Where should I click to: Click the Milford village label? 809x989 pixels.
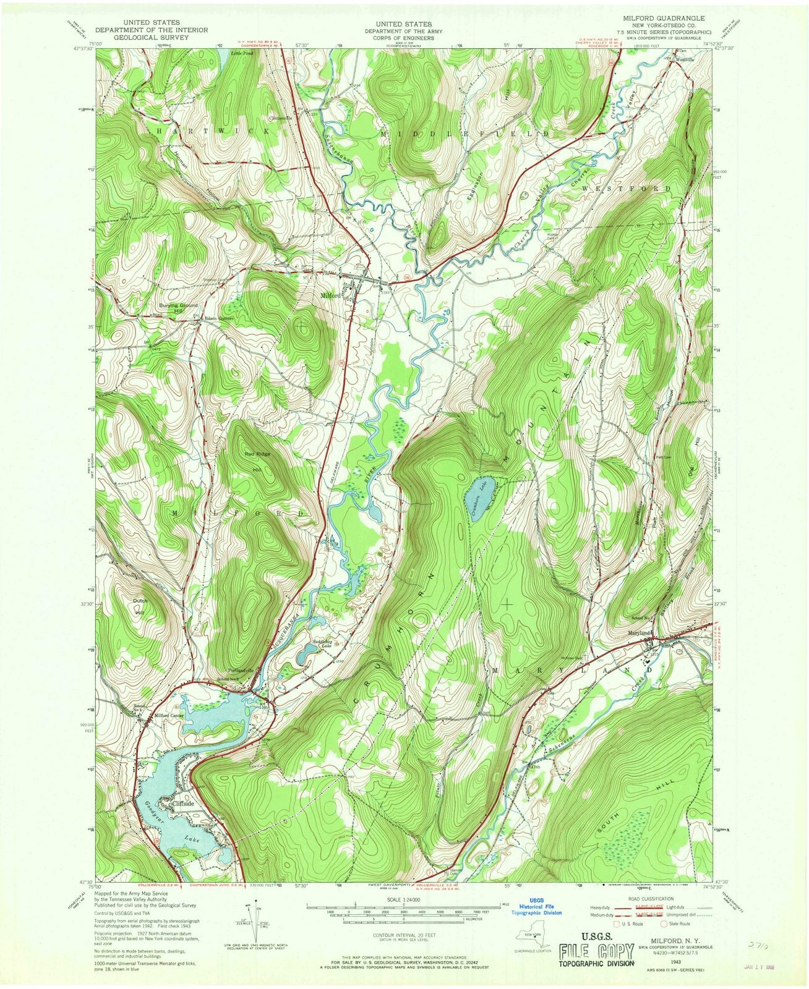coord(330,296)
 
